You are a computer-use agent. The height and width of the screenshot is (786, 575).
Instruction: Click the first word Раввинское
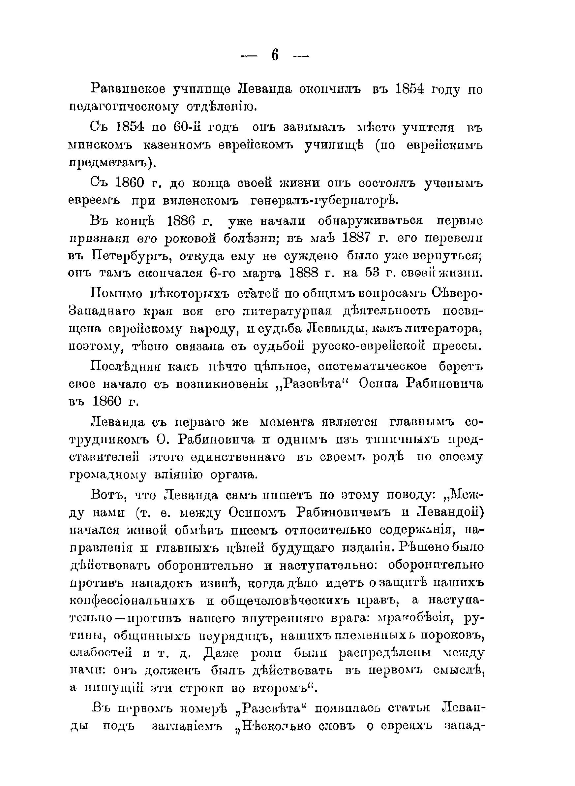(x=128, y=89)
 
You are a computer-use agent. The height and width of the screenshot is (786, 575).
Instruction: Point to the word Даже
(x=221, y=653)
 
